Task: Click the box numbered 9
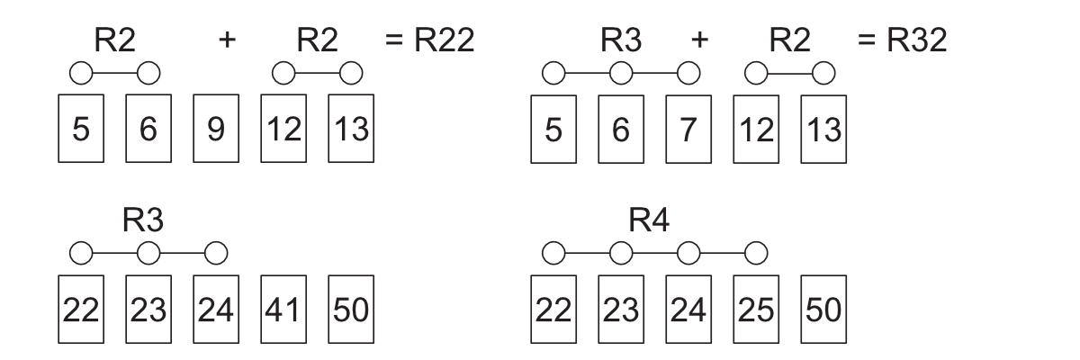click(214, 130)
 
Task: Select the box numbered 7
click(688, 130)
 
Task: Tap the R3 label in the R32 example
click(620, 40)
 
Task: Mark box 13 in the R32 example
click(823, 130)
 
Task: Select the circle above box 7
click(688, 70)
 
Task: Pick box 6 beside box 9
click(147, 130)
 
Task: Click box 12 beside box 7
click(755, 130)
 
